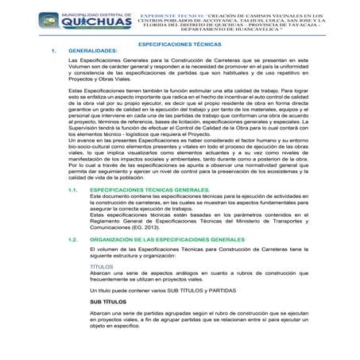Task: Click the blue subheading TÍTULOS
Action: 102,268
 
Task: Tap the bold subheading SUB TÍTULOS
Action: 108,303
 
